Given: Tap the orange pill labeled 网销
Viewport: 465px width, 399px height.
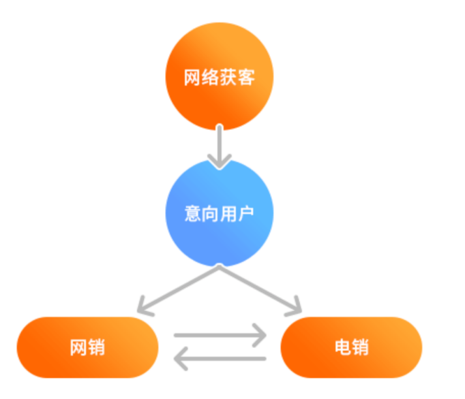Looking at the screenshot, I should tap(87, 347).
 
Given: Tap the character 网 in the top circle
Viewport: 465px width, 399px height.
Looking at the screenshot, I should tap(192, 78).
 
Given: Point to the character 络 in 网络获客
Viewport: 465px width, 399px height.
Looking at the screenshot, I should tap(210, 78).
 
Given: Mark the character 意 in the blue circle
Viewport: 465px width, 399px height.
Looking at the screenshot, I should tap(192, 214).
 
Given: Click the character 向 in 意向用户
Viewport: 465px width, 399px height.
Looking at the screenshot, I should tap(210, 214).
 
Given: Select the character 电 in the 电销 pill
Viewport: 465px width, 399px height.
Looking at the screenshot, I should tap(342, 347).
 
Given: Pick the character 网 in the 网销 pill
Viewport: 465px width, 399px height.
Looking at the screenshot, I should tap(78, 347).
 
